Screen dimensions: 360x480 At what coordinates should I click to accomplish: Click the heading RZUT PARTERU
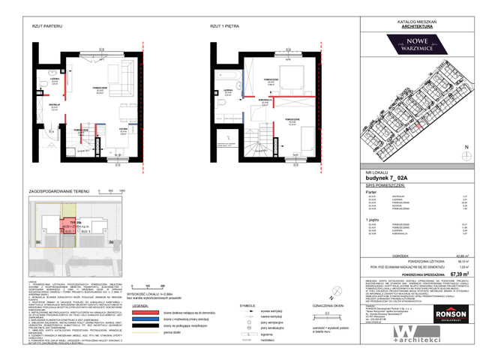[x=46, y=25]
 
